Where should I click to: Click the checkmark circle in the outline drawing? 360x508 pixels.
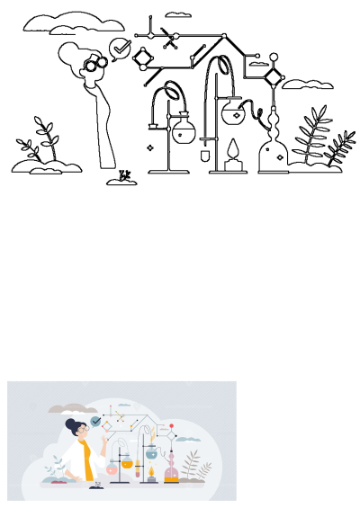[x=119, y=48]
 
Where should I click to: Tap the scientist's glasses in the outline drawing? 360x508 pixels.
[x=95, y=63]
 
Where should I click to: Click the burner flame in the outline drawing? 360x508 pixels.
[x=232, y=149]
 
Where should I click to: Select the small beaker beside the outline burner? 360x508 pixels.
[x=206, y=156]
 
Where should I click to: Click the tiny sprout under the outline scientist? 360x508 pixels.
[x=124, y=176]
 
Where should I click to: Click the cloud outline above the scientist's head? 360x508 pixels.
[x=60, y=22]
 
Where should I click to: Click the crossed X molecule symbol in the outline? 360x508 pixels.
[x=167, y=37]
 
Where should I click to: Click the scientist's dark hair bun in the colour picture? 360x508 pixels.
[x=70, y=423]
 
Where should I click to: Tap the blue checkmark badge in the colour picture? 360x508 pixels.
[x=95, y=421]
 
